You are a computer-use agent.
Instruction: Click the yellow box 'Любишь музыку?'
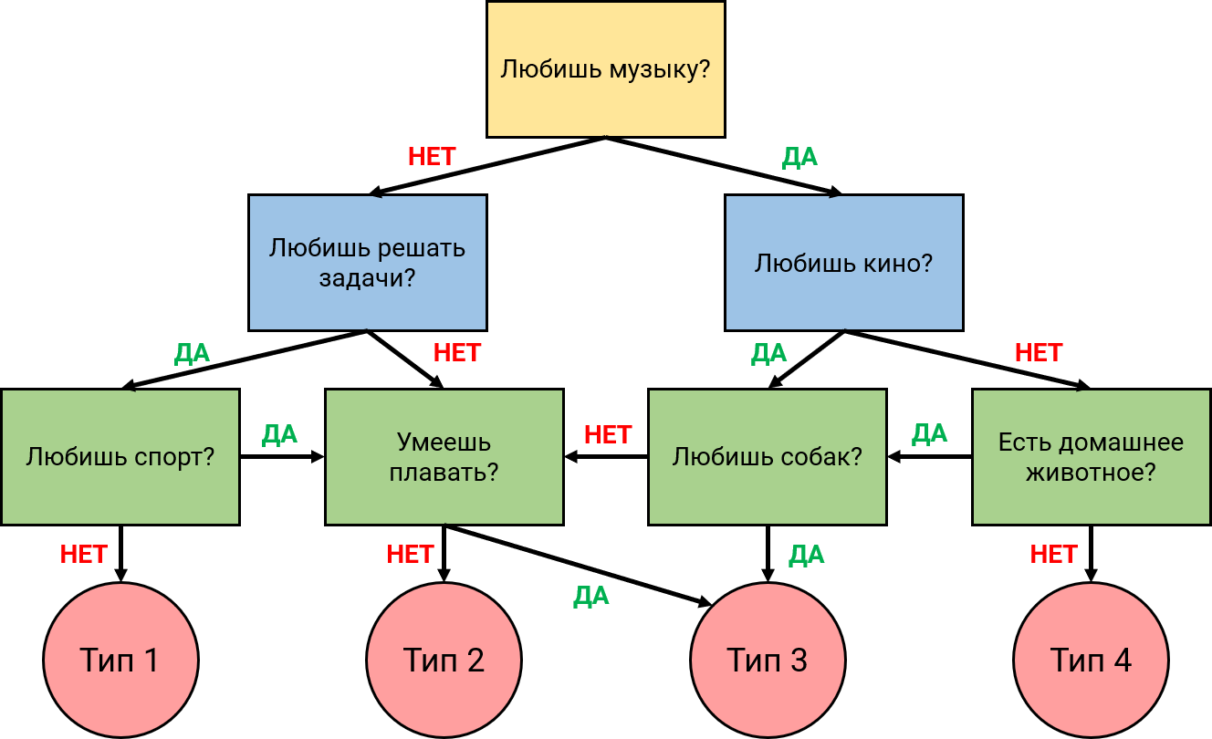click(606, 69)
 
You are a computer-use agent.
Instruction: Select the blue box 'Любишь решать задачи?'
click(367, 262)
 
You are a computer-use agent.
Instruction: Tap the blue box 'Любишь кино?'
click(843, 263)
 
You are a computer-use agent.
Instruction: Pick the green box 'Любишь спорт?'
click(120, 456)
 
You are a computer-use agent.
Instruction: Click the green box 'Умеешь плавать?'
click(444, 456)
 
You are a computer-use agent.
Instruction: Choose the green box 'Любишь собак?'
click(767, 456)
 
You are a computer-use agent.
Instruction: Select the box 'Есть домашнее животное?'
click(1091, 456)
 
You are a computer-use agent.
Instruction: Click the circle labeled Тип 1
click(120, 660)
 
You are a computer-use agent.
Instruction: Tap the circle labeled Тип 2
click(444, 660)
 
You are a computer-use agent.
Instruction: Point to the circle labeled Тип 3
click(767, 660)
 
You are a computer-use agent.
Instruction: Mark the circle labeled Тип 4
click(1091, 660)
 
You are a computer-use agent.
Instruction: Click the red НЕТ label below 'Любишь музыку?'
click(432, 157)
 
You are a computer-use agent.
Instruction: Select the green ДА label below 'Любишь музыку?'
click(799, 157)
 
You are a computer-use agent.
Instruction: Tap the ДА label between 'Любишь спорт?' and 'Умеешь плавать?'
click(279, 434)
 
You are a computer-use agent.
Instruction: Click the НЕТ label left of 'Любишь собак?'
click(608, 434)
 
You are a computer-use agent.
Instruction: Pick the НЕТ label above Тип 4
click(1053, 554)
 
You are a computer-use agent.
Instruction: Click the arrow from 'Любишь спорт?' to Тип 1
click(120, 553)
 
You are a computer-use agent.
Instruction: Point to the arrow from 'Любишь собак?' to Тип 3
click(767, 553)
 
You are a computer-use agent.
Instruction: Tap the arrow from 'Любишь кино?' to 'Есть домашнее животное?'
click(967, 359)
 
